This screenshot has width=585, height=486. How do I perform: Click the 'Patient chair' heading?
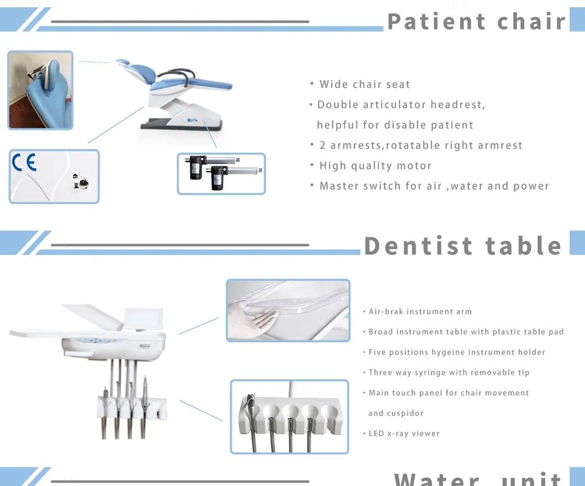click(x=476, y=21)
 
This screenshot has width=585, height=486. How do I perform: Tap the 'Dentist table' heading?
click(x=463, y=246)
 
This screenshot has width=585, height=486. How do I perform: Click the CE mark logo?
click(x=24, y=163)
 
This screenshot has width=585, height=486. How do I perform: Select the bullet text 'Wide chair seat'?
click(x=365, y=85)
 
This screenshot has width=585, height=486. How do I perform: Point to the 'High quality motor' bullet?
click(x=375, y=166)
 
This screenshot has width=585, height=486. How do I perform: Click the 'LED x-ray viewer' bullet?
click(x=404, y=433)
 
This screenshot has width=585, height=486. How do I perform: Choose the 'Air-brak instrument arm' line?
click(x=420, y=312)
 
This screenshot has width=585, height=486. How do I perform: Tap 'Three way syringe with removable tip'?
click(x=449, y=373)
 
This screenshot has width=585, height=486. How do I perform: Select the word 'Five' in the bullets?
click(x=377, y=352)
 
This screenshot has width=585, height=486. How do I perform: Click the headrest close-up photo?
click(x=40, y=90)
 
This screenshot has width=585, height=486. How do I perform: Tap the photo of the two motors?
click(x=221, y=174)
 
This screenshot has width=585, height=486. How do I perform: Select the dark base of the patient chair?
click(x=182, y=125)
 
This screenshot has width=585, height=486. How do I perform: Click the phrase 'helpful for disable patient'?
click(x=394, y=125)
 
